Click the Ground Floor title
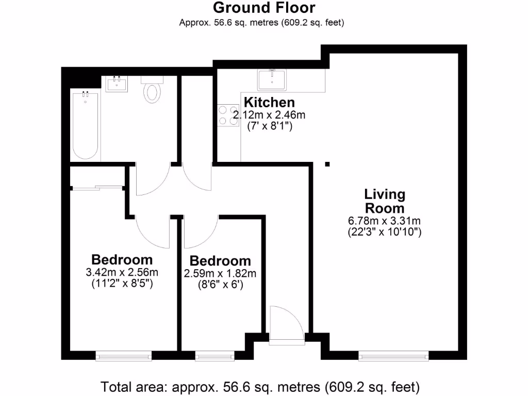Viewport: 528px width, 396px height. coord(264,8)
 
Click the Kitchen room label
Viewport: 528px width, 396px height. coord(269,102)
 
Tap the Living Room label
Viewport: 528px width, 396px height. coord(385,202)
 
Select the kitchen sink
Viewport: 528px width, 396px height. coord(271,79)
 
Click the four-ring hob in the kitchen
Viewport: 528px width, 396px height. coord(225,114)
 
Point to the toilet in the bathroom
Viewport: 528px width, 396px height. coord(152,90)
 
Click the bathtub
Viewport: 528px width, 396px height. coord(85,125)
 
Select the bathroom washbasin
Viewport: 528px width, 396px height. coord(117,84)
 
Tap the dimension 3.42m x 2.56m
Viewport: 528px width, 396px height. coord(122,272)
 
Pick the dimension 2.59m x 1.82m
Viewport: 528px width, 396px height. coord(220,273)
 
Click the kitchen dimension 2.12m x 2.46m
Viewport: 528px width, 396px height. coord(269,115)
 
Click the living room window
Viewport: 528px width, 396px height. coord(394,355)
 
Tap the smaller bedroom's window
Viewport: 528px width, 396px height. coord(214,355)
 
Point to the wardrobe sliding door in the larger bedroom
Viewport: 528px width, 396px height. coord(97,188)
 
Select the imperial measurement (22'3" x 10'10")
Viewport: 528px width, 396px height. coord(385,232)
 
